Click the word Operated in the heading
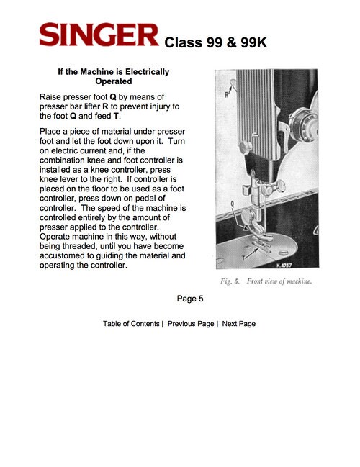click(114, 82)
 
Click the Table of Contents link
click(131, 324)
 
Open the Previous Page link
click(190, 324)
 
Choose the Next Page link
click(239, 324)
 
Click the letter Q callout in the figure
click(233, 203)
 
